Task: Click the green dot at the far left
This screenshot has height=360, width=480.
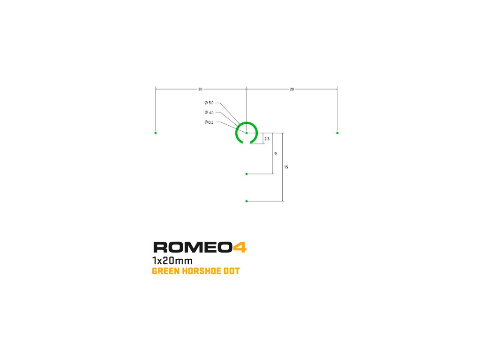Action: (156, 133)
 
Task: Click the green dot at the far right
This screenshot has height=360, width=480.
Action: (337, 133)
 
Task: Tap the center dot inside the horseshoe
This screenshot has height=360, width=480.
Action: (247, 133)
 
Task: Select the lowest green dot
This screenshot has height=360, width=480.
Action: (247, 201)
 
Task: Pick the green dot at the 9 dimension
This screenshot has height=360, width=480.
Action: (247, 174)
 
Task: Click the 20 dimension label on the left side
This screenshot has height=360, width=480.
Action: (200, 89)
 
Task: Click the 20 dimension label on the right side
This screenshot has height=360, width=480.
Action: (292, 89)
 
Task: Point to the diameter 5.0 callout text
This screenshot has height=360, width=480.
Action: (209, 103)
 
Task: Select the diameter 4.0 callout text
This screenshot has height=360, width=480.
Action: (209, 112)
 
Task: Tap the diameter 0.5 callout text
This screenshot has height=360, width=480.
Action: (209, 122)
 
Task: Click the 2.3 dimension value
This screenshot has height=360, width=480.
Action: (267, 139)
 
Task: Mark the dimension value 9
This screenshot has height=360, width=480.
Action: (276, 154)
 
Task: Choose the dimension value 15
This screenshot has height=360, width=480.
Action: (286, 167)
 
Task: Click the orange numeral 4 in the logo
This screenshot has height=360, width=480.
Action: (240, 247)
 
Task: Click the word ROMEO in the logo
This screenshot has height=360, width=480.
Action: (193, 247)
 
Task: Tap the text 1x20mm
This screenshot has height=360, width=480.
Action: (172, 261)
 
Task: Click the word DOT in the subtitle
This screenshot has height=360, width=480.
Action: (232, 271)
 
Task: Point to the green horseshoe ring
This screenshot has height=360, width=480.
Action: (237, 130)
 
